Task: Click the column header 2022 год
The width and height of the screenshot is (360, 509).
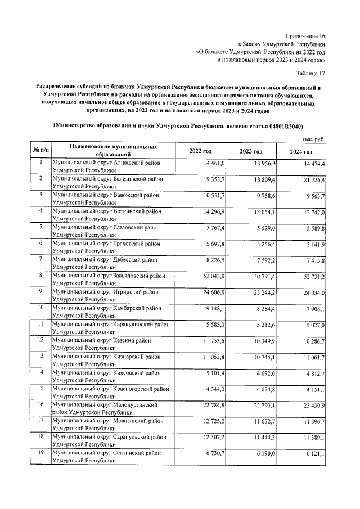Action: pos(201,152)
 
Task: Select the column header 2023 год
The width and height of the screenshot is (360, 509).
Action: pos(251,152)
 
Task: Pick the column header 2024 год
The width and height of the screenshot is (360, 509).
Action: pos(301,152)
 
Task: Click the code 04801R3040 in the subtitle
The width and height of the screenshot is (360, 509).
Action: pos(287,127)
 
